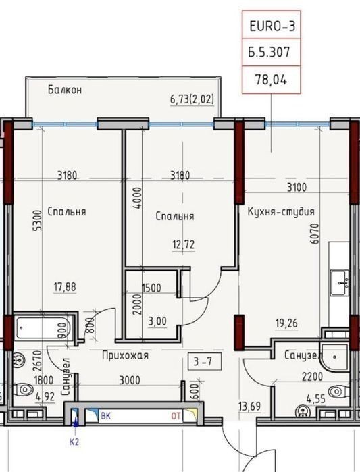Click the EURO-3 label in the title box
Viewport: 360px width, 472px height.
click(x=272, y=26)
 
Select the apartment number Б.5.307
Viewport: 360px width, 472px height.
click(x=269, y=52)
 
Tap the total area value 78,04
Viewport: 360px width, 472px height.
click(x=271, y=80)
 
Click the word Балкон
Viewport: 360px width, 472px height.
click(x=65, y=90)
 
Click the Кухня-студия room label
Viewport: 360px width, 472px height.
click(x=281, y=211)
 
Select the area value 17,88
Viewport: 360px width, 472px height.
click(x=65, y=287)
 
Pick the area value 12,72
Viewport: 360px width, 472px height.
click(x=183, y=244)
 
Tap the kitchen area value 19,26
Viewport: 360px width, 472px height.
click(x=286, y=323)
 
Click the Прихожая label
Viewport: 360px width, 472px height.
click(x=125, y=355)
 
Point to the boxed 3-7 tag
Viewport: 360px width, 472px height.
click(x=205, y=361)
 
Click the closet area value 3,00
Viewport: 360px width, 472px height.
click(x=157, y=321)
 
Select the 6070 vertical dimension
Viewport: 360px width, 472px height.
click(x=315, y=233)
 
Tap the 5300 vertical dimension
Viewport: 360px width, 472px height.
click(x=38, y=221)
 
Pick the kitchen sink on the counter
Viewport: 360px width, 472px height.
click(x=339, y=283)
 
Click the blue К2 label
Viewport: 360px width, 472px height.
click(x=74, y=442)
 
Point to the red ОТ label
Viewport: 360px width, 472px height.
click(x=176, y=417)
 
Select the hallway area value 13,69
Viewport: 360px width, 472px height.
click(x=249, y=406)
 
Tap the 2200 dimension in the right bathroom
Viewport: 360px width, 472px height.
click(x=312, y=377)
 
